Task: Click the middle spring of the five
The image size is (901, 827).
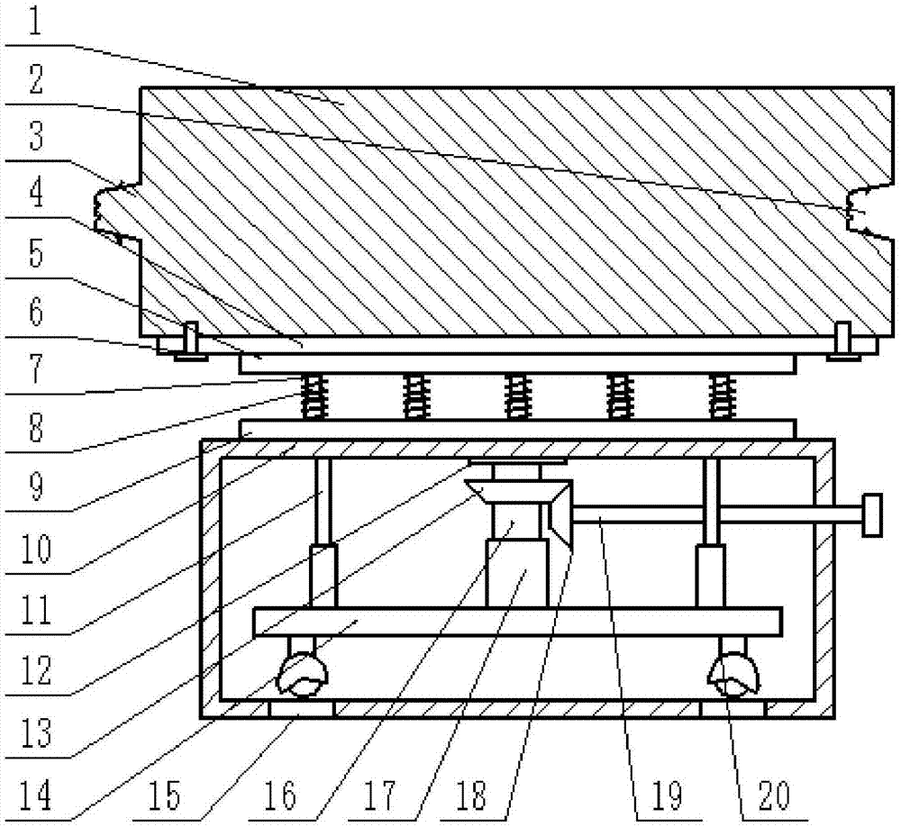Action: coord(515,396)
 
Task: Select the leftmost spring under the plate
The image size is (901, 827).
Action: coord(312,396)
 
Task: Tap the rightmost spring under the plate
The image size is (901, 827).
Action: coord(721,396)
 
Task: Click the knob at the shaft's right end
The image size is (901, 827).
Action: coord(871,515)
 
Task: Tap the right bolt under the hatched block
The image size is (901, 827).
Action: coord(843,341)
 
